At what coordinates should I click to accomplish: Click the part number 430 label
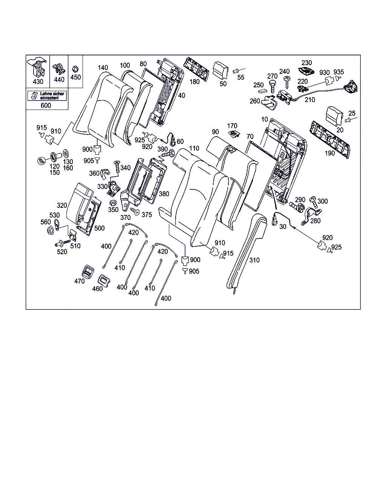click(x=38, y=81)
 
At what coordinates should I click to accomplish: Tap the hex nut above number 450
click(x=75, y=69)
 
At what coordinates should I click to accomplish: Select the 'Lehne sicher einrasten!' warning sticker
click(x=47, y=95)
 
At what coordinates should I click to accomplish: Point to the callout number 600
click(x=46, y=105)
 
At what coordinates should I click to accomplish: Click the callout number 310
click(x=254, y=260)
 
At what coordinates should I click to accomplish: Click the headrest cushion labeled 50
click(x=221, y=70)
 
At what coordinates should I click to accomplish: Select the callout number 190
click(x=329, y=153)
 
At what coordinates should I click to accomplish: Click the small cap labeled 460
click(x=104, y=281)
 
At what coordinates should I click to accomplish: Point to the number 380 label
click(x=164, y=194)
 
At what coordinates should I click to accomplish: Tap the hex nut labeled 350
click(x=112, y=203)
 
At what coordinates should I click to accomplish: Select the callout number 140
click(x=103, y=68)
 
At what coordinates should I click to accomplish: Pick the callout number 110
click(x=194, y=148)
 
